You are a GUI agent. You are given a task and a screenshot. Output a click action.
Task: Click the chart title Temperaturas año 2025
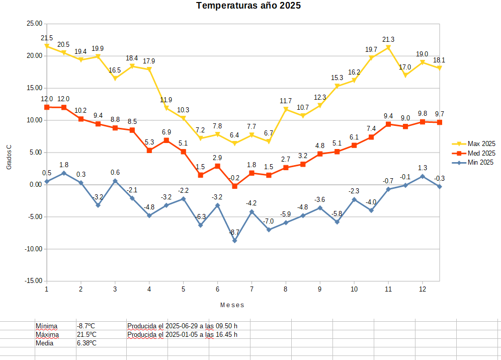tap(248, 6)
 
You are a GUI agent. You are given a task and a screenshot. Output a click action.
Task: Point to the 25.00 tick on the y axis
tap(34, 23)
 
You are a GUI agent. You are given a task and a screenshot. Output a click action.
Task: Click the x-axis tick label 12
tap(423, 290)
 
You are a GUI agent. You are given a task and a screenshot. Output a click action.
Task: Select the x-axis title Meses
tap(232, 305)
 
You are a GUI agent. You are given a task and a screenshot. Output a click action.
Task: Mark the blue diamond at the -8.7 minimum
tap(234, 241)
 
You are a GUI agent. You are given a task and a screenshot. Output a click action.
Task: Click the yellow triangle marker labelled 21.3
tap(388, 48)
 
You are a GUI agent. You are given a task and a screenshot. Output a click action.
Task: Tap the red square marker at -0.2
tap(234, 186)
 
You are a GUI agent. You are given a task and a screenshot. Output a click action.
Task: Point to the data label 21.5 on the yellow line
tap(47, 38)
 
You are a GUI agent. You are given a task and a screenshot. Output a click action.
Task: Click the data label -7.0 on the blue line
tap(269, 222)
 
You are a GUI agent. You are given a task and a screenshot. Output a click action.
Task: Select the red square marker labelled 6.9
tap(166, 140)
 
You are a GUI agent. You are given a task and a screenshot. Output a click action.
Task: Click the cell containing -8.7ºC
tap(87, 326)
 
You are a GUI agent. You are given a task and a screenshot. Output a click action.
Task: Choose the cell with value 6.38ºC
tap(87, 343)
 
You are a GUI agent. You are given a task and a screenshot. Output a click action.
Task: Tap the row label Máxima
tap(47, 334)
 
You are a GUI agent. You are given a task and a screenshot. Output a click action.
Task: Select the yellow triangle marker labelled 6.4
tap(234, 143)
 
